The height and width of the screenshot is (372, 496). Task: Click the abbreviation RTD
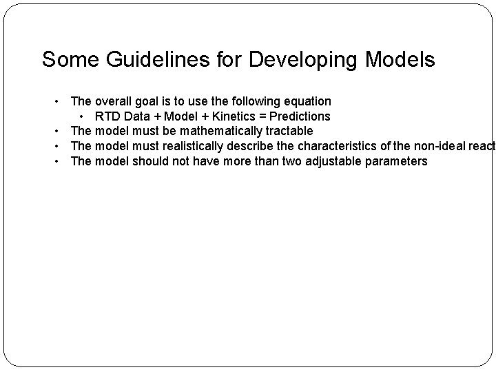(x=109, y=116)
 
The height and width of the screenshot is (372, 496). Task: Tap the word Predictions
(x=300, y=116)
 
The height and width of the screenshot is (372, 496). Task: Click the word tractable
(x=289, y=131)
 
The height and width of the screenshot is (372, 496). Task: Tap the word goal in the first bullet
(x=149, y=101)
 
